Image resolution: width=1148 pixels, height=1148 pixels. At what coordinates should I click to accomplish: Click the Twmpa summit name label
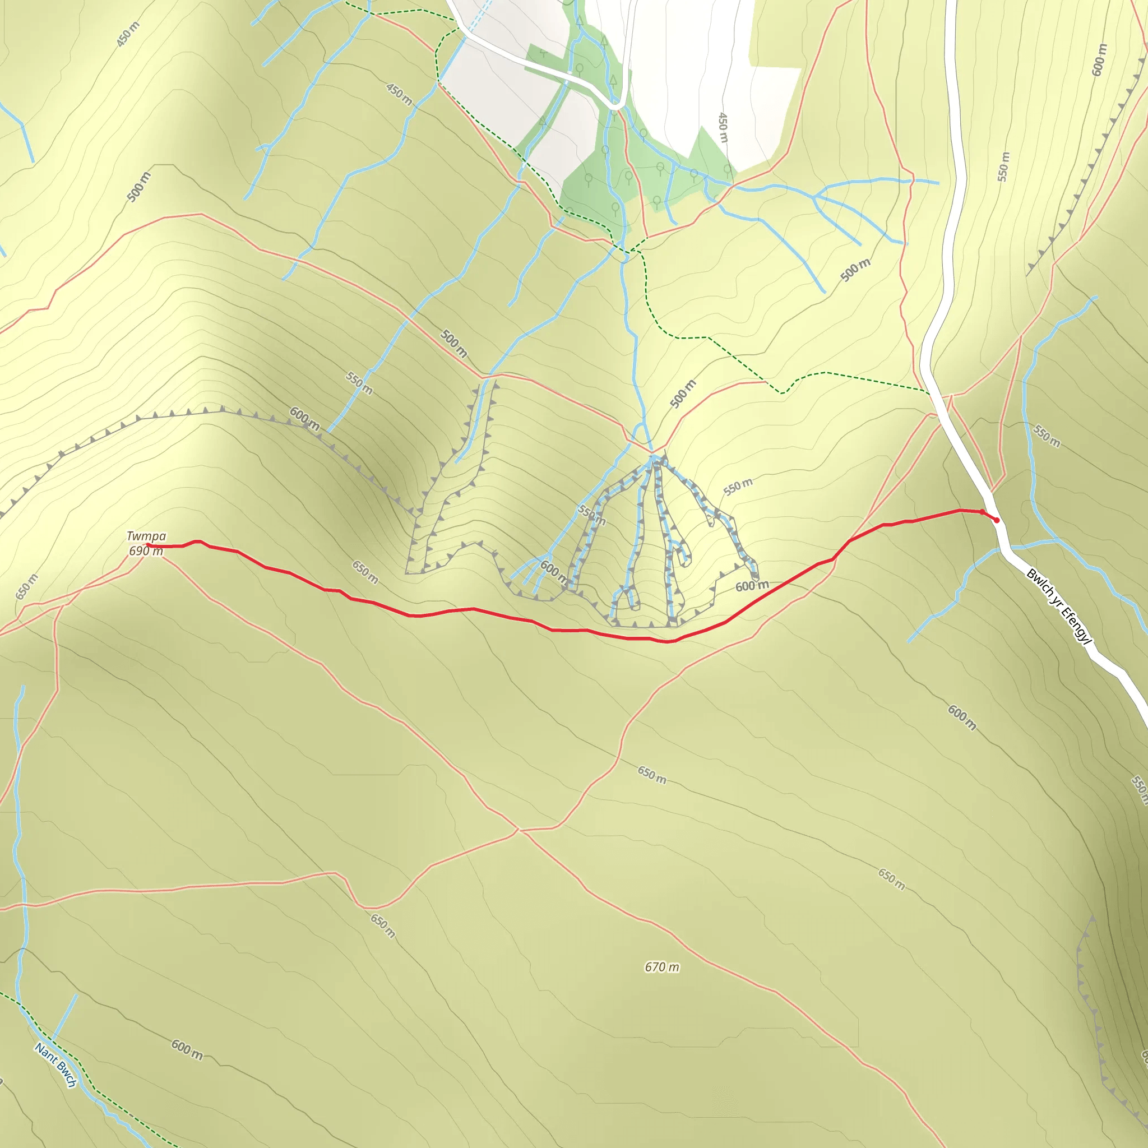coord(146,536)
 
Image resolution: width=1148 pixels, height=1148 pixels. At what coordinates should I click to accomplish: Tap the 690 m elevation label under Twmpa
coord(146,551)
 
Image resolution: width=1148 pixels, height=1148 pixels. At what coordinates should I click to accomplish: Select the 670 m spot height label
coord(662,967)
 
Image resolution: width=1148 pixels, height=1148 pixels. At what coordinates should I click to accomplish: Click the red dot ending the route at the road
coord(997,521)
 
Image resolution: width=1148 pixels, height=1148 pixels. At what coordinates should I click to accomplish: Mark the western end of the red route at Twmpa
coord(147,545)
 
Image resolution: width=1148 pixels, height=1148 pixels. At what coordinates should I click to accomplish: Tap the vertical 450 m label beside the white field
coord(723,127)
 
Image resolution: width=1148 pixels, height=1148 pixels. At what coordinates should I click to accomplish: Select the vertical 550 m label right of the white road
coord(1003,167)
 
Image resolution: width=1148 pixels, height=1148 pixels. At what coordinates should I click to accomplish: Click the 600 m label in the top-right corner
coord(1099,60)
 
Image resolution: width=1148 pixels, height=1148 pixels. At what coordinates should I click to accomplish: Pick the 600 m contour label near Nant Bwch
coord(187,1049)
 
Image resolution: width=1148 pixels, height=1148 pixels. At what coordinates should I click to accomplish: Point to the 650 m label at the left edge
coord(26,586)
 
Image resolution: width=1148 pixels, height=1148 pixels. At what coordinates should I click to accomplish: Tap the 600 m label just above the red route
coord(752,586)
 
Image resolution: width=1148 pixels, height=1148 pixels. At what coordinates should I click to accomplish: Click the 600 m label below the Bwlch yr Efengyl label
coord(961,717)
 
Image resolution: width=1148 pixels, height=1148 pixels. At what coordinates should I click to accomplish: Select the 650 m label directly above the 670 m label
coord(652,775)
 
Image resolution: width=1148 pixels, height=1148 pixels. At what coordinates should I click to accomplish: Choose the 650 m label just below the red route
coord(365,572)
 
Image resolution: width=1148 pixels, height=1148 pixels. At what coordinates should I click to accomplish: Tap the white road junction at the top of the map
coord(618,105)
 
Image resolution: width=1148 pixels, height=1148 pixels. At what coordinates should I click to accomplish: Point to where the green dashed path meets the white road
coord(929,392)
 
